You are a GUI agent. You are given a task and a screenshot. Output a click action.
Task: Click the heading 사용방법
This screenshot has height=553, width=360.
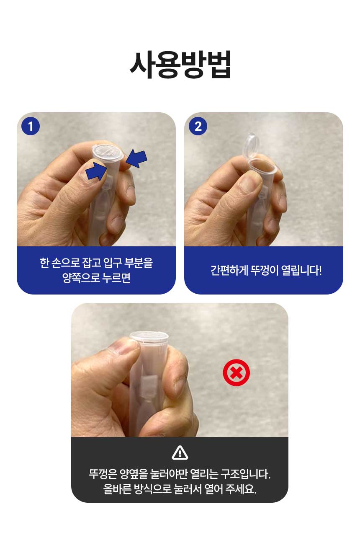point(180,64)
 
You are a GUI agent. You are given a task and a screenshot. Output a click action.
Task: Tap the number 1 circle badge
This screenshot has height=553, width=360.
point(31,127)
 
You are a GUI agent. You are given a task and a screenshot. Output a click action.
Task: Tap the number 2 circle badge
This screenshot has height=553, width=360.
point(198,127)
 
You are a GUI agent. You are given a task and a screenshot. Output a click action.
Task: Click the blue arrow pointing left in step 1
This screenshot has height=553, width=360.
point(136,158)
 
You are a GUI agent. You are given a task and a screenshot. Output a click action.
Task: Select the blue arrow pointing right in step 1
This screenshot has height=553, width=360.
point(96,171)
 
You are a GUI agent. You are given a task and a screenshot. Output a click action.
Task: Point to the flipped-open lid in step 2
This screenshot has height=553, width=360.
point(251,146)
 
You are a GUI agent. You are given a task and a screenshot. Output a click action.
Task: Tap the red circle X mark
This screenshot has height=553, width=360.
point(236,372)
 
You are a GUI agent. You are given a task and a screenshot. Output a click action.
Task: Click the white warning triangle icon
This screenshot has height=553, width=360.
point(180,453)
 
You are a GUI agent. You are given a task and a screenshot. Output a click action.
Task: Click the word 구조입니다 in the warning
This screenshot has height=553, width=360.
point(245,474)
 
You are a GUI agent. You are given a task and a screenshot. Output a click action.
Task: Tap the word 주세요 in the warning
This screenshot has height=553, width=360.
point(241,489)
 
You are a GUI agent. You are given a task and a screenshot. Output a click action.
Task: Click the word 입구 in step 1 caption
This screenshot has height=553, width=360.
point(112,263)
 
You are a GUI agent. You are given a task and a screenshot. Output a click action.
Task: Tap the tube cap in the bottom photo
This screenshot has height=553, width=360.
point(149,336)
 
